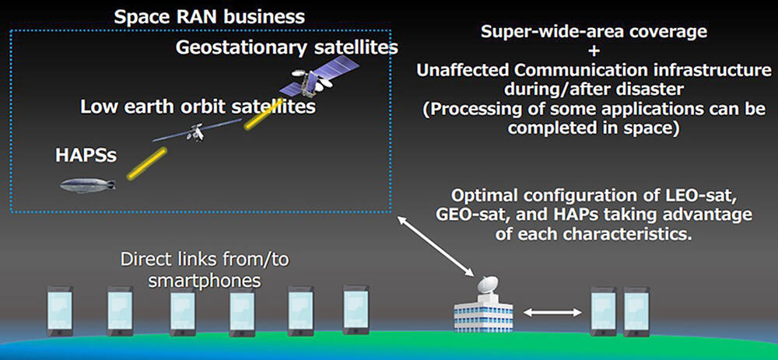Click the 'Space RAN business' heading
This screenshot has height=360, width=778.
click(209, 17)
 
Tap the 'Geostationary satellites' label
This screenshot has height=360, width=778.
click(287, 47)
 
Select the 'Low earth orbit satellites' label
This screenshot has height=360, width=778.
click(198, 106)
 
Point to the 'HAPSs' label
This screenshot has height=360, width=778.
click(86, 156)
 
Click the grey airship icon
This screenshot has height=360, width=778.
click(88, 186)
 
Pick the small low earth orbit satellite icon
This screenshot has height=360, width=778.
click(197, 131)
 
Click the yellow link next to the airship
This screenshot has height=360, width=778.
click(146, 163)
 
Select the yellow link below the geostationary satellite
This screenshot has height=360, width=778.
click(264, 114)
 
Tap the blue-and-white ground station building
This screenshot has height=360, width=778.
click(483, 313)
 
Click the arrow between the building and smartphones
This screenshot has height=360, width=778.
click(552, 312)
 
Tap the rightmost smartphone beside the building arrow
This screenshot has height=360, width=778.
click(636, 312)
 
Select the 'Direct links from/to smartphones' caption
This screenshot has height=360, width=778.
click(205, 270)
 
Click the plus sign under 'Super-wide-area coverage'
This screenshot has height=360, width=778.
click(594, 51)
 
